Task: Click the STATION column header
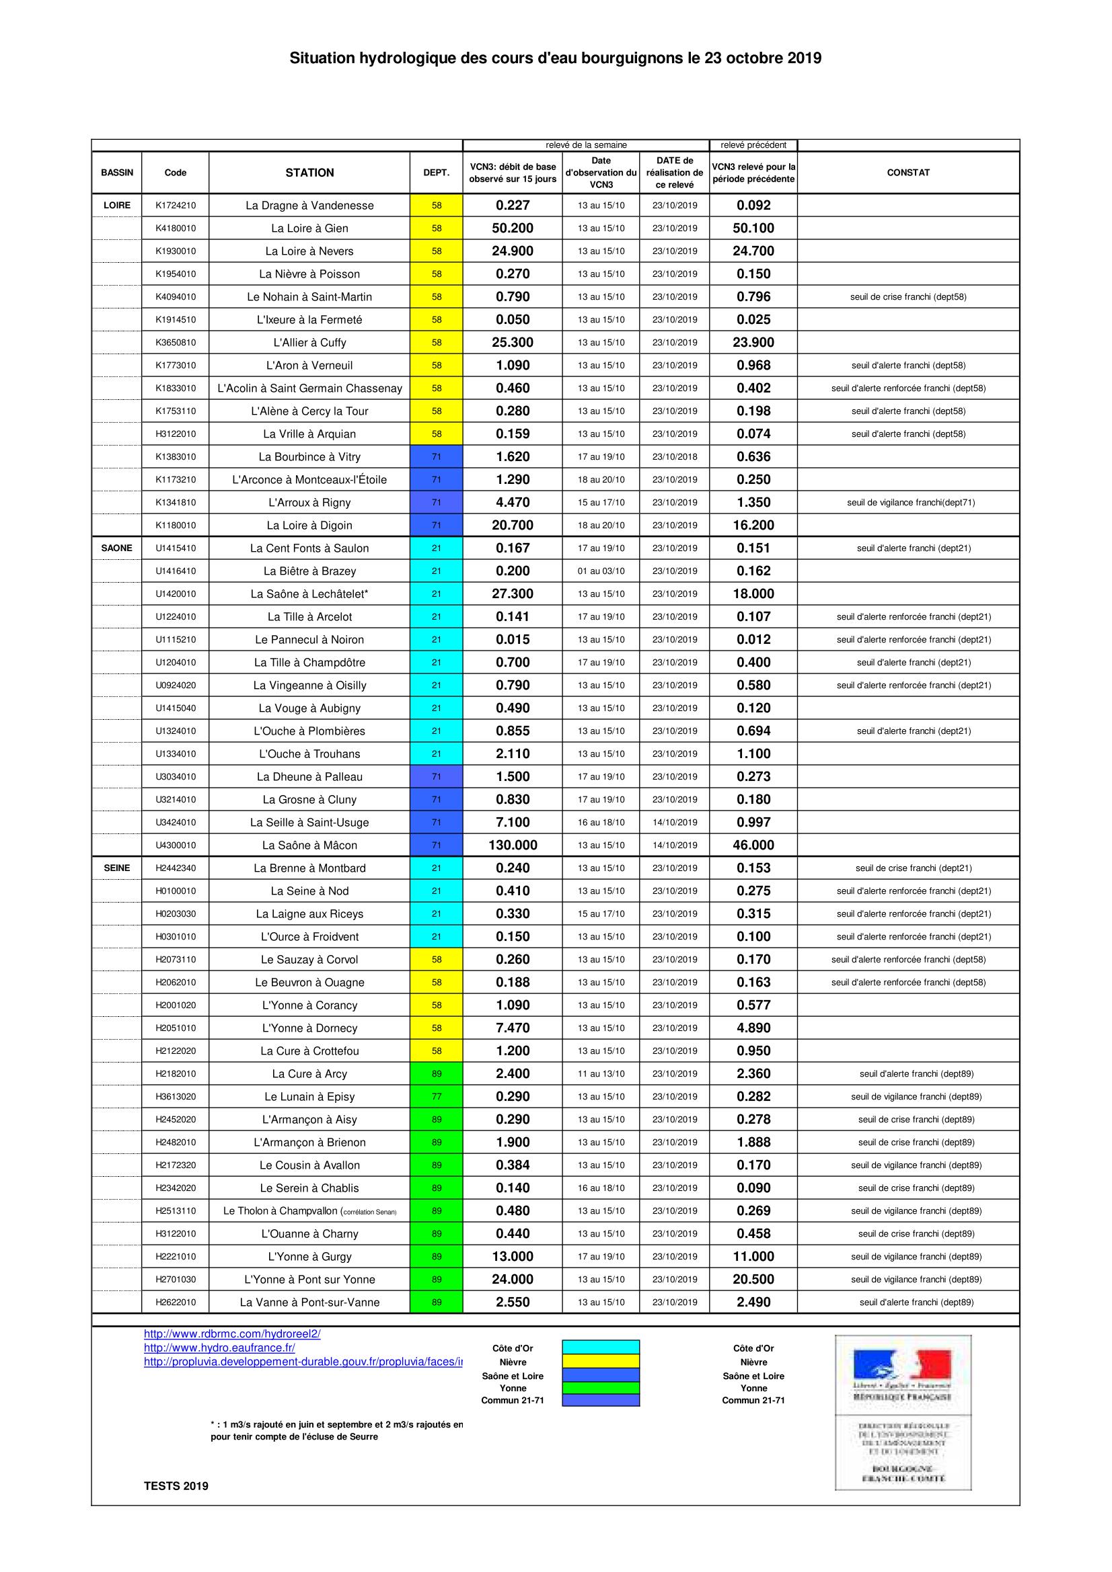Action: (309, 173)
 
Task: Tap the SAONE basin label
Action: (116, 548)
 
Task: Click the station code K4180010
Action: (176, 228)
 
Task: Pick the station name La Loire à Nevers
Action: (309, 251)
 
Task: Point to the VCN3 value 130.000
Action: (513, 845)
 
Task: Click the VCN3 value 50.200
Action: (513, 228)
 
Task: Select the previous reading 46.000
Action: (753, 845)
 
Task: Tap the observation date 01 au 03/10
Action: (601, 571)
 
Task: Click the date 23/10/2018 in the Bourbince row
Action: (674, 456)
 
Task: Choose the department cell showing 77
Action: (437, 1096)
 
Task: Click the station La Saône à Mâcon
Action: (309, 845)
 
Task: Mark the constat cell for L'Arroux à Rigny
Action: (911, 503)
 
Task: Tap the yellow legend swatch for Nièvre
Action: (600, 1361)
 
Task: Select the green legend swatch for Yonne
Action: (600, 1388)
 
